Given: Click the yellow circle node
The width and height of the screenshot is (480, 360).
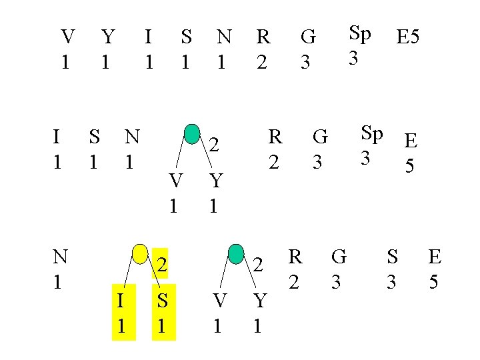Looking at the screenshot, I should click(x=141, y=254).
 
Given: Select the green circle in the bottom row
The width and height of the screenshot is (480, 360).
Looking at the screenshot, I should click(x=236, y=254).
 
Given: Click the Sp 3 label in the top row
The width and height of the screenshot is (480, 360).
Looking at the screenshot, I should click(x=360, y=45).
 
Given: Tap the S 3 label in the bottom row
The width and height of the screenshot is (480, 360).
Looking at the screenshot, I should click(x=392, y=268).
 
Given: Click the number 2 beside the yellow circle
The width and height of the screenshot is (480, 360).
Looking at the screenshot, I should click(x=161, y=265).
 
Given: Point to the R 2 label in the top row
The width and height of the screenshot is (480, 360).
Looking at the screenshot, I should click(x=263, y=49).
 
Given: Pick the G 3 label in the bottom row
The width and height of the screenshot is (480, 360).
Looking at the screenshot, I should click(x=338, y=268).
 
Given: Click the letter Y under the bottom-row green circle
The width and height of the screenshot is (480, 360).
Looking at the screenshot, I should click(x=259, y=301).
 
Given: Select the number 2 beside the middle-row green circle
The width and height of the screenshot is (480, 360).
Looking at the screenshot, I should click(x=213, y=144).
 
